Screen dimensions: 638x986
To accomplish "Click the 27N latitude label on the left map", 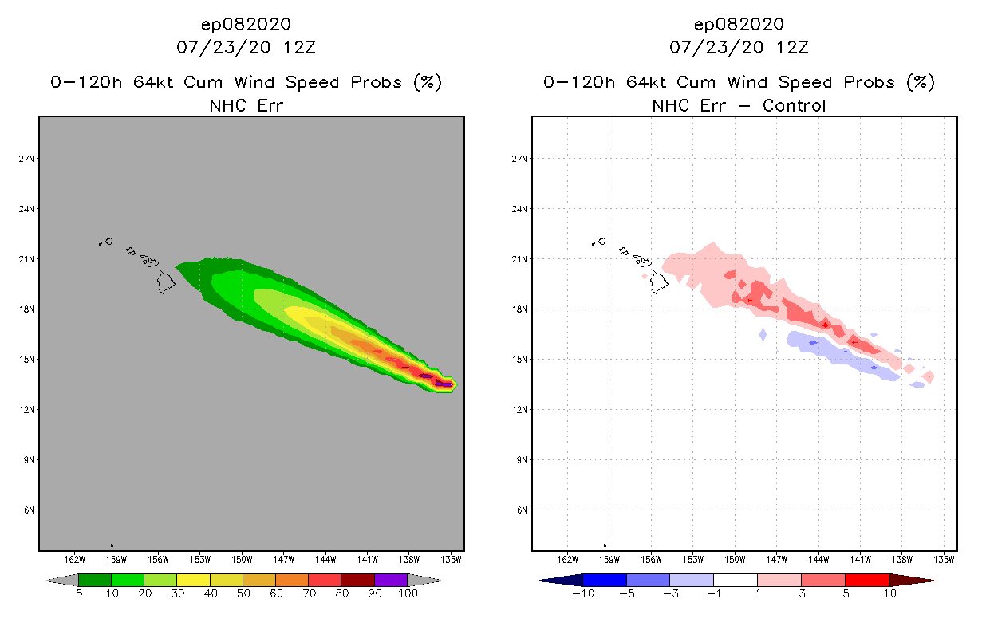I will pos(26,159).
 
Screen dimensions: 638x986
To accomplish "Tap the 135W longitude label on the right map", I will pos(944,558).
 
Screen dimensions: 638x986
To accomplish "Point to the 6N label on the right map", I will pos(521,510).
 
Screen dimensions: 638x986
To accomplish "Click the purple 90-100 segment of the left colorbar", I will pos(391,580).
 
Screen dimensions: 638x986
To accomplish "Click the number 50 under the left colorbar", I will pos(243,595).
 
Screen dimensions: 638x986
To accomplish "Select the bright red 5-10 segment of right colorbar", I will pos(866,580).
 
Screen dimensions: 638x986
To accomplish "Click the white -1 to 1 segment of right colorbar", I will pos(736,580).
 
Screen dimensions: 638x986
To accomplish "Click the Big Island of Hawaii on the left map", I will pos(166,282).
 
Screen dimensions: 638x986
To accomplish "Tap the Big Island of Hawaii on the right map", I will pos(659,282).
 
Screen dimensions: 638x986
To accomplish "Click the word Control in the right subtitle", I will pos(795,105).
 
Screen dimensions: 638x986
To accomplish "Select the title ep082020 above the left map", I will pos(246,24).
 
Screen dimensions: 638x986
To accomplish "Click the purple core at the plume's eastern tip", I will pos(444,384).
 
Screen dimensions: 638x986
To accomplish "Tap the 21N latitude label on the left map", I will pos(26,259).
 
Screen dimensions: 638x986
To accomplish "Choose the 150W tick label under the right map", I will pos(735,558).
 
